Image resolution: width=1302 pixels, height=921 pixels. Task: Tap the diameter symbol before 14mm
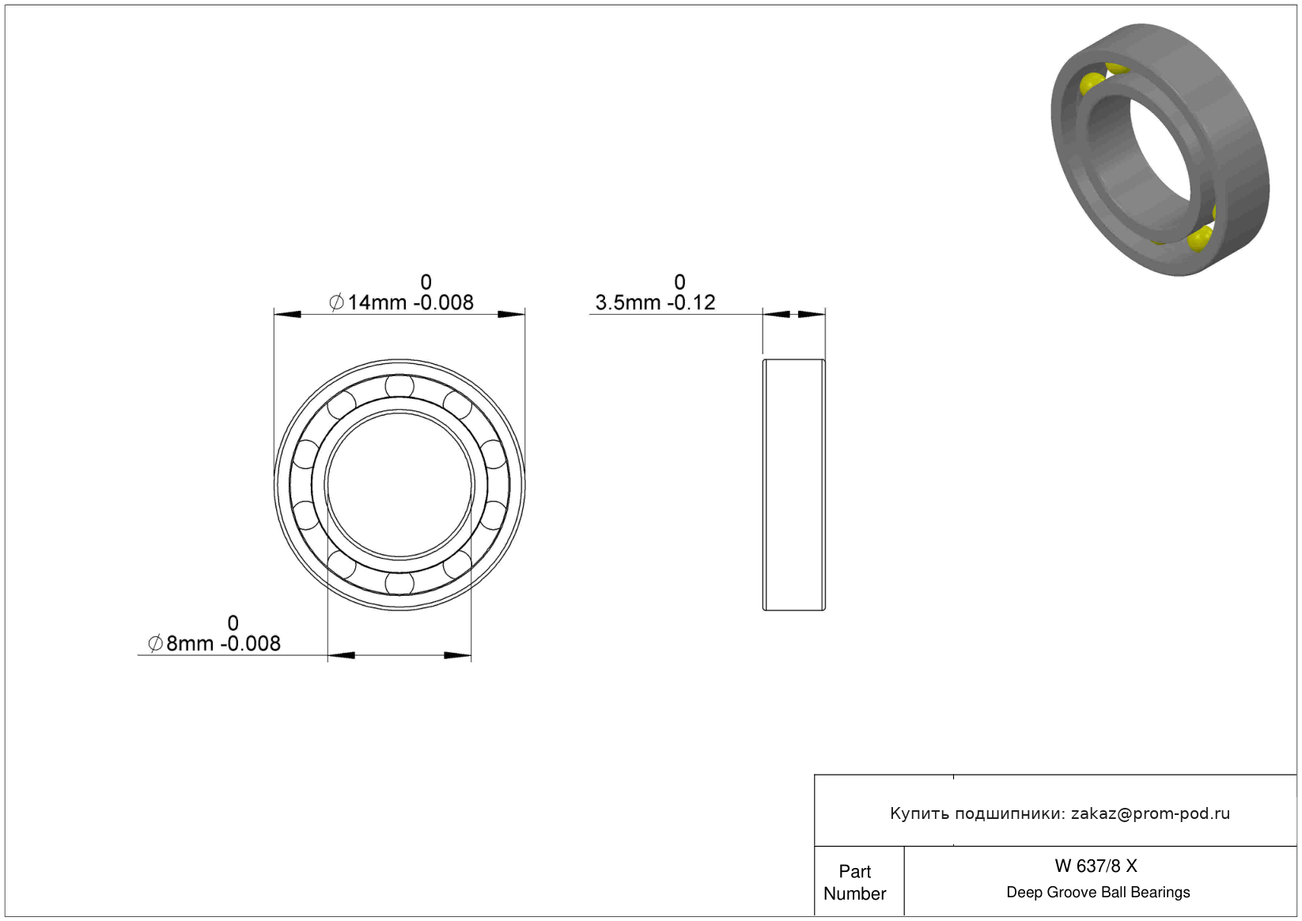336,302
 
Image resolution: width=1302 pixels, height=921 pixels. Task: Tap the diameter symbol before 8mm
155,643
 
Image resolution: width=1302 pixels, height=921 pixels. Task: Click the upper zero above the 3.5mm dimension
679,282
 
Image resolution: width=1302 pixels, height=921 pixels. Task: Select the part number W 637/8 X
1096,866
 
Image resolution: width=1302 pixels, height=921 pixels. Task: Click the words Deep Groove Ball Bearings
1098,893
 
